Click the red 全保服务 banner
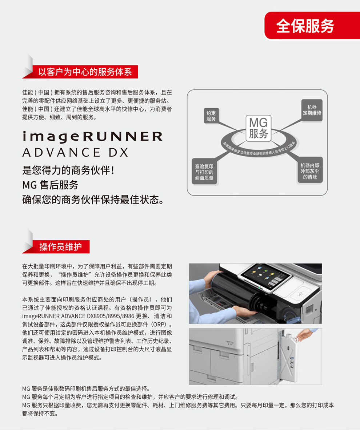(312, 26)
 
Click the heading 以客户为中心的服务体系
(85, 72)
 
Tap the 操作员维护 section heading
(60, 246)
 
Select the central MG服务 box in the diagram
(258, 128)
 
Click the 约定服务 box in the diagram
(211, 116)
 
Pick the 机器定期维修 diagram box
(312, 110)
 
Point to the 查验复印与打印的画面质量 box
(204, 172)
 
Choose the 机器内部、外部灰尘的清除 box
(310, 171)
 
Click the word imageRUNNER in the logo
(92, 137)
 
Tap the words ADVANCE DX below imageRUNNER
(75, 153)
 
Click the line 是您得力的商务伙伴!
(68, 170)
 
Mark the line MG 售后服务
(50, 185)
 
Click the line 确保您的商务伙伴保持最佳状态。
(93, 200)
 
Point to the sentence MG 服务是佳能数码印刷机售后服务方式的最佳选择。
(86, 389)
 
